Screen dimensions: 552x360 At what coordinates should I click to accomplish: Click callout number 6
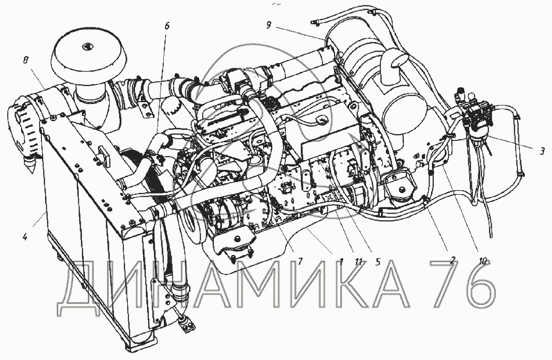pos(167,26)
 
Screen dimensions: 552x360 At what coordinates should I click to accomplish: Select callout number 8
pos(26,60)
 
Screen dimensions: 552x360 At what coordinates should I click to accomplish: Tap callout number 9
pos(269,25)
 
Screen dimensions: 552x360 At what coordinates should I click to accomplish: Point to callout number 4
pos(25,237)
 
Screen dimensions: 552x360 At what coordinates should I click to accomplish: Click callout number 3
pos(542,151)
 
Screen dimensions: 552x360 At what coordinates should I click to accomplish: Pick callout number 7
pos(299,261)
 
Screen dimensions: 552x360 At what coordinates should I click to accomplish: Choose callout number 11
pos(358,261)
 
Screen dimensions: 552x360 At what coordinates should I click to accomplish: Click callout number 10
pos(483,261)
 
